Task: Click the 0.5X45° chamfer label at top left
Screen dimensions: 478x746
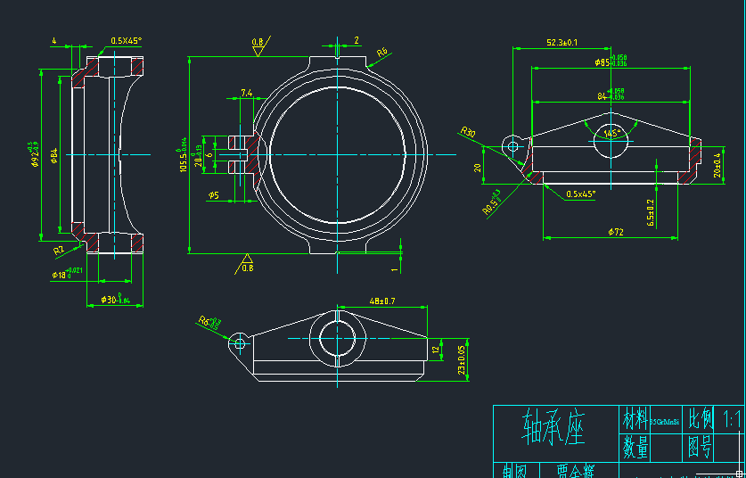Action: [127, 41]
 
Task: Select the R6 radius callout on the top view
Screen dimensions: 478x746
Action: [381, 54]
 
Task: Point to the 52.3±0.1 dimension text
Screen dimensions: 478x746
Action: [562, 42]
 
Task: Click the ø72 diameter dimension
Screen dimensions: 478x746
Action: [616, 232]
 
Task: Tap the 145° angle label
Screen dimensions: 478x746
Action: [611, 134]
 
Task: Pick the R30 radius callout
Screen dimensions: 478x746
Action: [468, 133]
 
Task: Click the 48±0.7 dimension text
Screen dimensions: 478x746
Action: [381, 301]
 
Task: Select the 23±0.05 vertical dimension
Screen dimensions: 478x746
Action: [462, 360]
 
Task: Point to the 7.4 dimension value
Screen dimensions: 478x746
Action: [246, 93]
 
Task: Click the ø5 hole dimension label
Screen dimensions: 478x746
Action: [214, 194]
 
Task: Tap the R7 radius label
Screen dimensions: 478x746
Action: [59, 251]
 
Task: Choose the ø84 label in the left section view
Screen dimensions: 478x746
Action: [54, 158]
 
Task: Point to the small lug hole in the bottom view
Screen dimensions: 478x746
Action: [238, 341]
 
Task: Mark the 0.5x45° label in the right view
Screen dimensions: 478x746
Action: [581, 194]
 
